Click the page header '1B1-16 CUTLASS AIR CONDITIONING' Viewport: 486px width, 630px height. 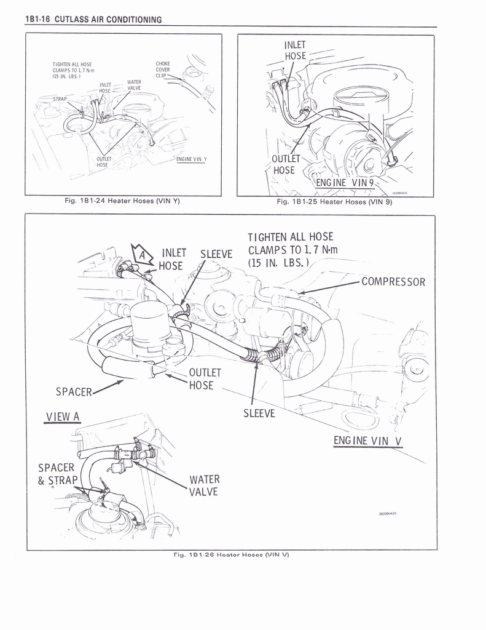(93, 20)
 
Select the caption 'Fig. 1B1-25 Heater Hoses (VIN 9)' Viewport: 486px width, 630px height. (334, 202)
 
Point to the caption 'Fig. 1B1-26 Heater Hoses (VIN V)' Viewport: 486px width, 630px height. (231, 554)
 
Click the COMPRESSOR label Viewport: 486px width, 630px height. (393, 282)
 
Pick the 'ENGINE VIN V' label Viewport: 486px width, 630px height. (367, 441)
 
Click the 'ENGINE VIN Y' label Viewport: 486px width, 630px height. (192, 159)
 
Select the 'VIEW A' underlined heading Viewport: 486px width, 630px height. (63, 417)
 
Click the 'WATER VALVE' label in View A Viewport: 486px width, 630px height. (204, 485)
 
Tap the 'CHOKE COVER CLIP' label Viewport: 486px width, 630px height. (163, 70)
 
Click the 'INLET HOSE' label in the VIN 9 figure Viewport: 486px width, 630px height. (295, 50)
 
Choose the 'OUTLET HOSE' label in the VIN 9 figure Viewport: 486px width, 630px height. (284, 164)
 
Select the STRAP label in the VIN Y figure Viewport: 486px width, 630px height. (60, 99)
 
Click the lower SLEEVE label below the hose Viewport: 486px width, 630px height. (259, 413)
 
